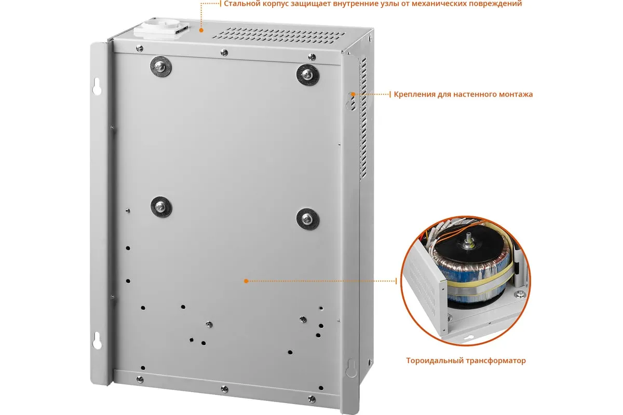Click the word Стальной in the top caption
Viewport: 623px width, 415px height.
click(242, 4)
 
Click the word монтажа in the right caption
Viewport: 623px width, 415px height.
click(516, 94)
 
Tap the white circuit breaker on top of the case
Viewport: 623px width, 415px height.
click(161, 30)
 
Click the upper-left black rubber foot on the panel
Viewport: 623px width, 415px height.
click(161, 67)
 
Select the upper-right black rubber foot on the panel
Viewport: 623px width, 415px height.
click(307, 75)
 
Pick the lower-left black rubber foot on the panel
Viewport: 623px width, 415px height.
click(161, 207)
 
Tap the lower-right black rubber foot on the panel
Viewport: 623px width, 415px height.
click(307, 219)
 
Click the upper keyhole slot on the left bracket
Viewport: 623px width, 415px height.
click(97, 87)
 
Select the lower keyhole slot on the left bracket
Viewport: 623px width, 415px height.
click(97, 340)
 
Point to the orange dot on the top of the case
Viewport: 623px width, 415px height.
click(201, 30)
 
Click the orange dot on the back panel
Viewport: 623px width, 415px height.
click(246, 281)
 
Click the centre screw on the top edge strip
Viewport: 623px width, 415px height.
click(224, 52)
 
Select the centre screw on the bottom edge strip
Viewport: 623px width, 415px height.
click(224, 389)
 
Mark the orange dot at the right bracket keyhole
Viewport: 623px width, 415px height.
click(353, 94)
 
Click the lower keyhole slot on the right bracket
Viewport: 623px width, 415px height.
click(351, 368)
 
